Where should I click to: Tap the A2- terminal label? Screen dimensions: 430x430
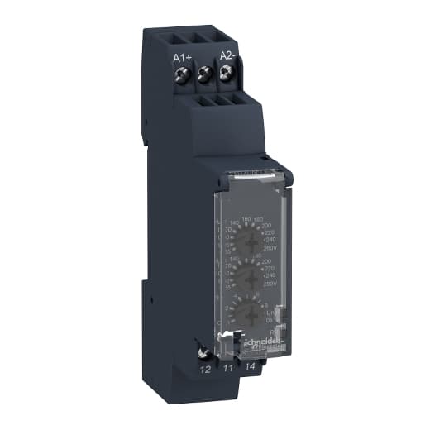click(227, 55)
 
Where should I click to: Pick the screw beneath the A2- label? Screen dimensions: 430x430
click(225, 78)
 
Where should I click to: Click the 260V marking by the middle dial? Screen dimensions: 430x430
click(269, 283)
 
